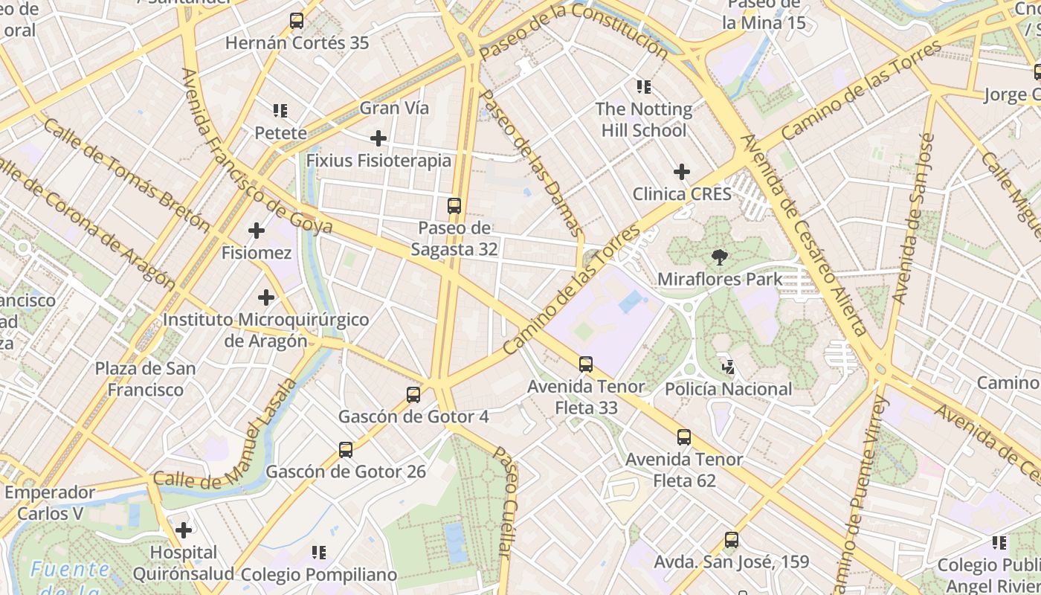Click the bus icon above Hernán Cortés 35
(x=297, y=21)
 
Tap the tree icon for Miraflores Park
(x=719, y=257)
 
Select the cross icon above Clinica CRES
(x=682, y=173)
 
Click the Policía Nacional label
(x=728, y=389)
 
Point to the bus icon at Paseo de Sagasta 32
(x=454, y=206)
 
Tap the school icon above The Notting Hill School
(x=644, y=87)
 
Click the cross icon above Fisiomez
(x=257, y=231)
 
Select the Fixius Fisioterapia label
(x=378, y=161)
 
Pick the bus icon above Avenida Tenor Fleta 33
(x=586, y=364)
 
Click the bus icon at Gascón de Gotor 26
(x=346, y=450)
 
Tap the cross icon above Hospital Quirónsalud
(x=184, y=530)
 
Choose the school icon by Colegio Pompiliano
(x=319, y=553)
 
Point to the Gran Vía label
(x=394, y=108)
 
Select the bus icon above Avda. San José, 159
(x=732, y=540)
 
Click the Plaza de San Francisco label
(x=145, y=379)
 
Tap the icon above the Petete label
(x=280, y=112)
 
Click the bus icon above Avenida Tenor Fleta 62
(x=684, y=437)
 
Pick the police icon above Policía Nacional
(x=728, y=367)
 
